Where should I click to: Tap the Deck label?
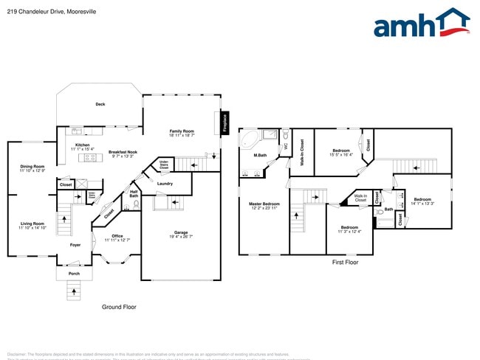click(100, 104)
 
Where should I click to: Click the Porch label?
click(74, 273)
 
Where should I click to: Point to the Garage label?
click(181, 234)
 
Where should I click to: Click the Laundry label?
click(165, 184)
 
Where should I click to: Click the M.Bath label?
click(260, 155)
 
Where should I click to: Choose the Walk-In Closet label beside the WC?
click(302, 151)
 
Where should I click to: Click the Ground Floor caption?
click(119, 306)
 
